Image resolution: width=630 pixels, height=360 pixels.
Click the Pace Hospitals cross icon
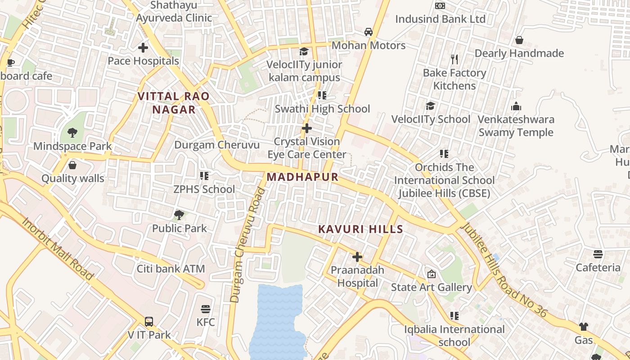click(143, 47)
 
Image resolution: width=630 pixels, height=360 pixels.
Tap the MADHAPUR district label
click(302, 177)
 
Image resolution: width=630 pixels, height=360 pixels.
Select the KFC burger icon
click(206, 309)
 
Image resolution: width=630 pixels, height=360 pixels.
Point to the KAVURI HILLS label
click(360, 229)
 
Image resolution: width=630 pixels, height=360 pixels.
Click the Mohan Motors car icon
click(369, 32)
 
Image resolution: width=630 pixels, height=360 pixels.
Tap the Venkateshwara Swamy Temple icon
click(516, 106)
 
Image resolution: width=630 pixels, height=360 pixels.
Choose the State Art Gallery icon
click(432, 274)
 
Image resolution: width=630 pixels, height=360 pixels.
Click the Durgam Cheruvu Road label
click(247, 245)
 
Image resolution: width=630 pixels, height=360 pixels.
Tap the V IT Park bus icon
click(149, 322)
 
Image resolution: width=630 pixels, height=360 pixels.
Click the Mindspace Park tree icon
click(72, 133)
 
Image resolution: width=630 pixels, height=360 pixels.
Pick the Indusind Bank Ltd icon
click(440, 6)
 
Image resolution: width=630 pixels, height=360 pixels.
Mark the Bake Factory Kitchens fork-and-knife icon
click(454, 59)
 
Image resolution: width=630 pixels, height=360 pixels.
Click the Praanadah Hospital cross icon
click(357, 257)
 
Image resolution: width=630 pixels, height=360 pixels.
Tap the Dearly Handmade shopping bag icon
click(519, 40)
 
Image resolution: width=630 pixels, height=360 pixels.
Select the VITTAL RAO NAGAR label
click(174, 103)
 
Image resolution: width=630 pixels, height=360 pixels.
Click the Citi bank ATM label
click(171, 269)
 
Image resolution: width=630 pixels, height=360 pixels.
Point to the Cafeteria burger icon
click(598, 254)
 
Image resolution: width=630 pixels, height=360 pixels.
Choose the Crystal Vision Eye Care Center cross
click(307, 128)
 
